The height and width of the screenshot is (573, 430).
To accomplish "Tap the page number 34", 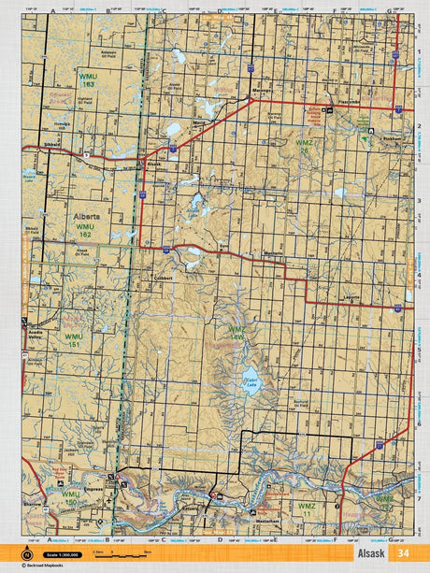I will [x=402, y=553].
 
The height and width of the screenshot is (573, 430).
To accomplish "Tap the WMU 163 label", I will [x=87, y=81].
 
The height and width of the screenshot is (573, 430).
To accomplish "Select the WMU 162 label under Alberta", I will [x=85, y=227].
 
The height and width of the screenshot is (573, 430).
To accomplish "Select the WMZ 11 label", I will [x=306, y=509].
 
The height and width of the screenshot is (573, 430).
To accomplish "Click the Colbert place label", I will [x=165, y=278].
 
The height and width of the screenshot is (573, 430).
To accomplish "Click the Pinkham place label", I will [x=393, y=136].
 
